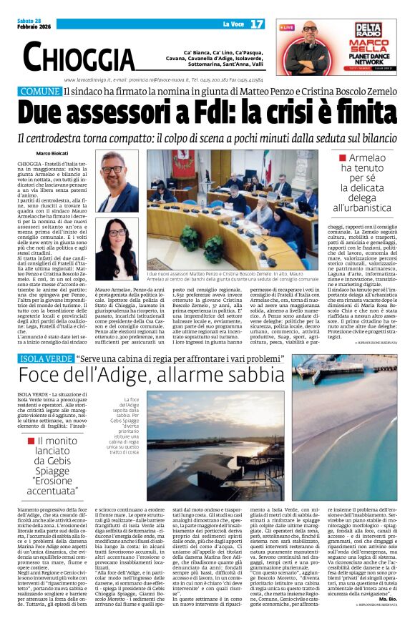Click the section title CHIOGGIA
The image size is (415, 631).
pos(79,56)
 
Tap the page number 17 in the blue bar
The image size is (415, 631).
pos(257,24)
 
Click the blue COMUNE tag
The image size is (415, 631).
pos(39,92)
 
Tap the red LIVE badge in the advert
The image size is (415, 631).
pos(286,27)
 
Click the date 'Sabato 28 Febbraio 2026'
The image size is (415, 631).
pos(36,24)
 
